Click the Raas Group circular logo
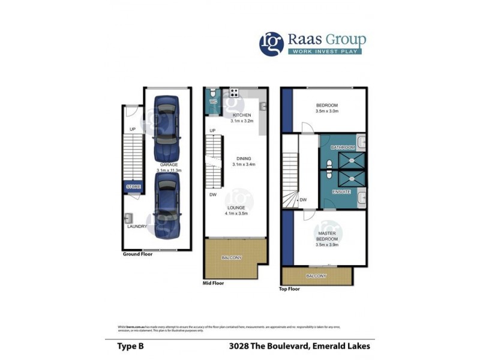(x=271, y=44)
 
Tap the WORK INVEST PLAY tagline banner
(x=325, y=51)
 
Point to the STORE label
(x=133, y=187)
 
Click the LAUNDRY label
(x=136, y=227)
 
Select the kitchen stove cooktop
(x=233, y=92)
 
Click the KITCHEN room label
(x=242, y=115)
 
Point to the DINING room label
(x=243, y=158)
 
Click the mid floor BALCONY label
(x=232, y=257)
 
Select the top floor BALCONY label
(x=316, y=276)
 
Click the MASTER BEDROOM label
(x=328, y=239)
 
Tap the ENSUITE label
(x=341, y=191)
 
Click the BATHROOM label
(x=343, y=147)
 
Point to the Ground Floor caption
(x=137, y=254)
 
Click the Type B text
(x=130, y=346)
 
